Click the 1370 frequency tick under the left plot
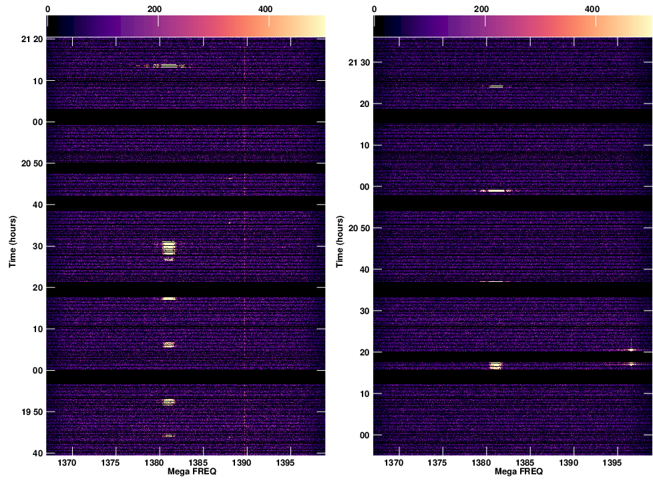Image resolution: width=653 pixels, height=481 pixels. click(69, 463)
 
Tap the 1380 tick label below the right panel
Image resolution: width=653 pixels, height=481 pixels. click(482, 463)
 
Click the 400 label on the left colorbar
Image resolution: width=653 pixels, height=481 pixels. click(268, 9)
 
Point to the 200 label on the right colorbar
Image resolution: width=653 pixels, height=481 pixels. click(482, 9)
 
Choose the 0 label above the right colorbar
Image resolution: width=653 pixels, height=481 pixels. click(374, 9)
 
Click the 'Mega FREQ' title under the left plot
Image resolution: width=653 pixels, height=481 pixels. click(186, 472)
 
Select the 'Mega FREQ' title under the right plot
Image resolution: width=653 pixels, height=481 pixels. click(512, 472)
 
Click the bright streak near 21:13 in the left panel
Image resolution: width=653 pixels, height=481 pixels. click(165, 65)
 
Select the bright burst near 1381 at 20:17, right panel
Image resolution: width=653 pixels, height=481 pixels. click(495, 365)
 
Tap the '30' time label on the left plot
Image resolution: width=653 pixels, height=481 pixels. click(38, 247)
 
